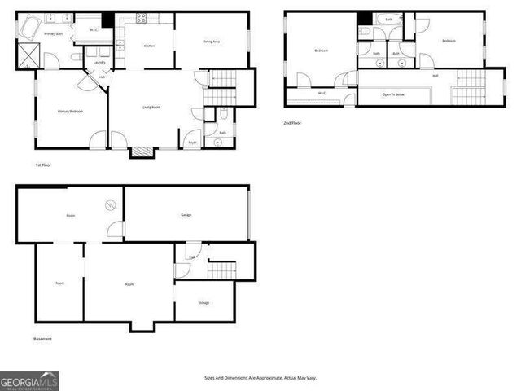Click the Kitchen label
[x=149, y=46]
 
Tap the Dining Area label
[x=212, y=42]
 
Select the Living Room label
[x=150, y=107]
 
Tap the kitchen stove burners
[x=141, y=18]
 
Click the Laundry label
[x=99, y=63]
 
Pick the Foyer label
[x=193, y=143]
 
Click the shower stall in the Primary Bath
[x=31, y=54]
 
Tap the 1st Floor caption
[x=44, y=165]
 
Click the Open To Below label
[x=394, y=94]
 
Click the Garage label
[x=186, y=215]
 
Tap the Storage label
[x=204, y=303]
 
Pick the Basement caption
[x=42, y=339]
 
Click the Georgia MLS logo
[x=29, y=380]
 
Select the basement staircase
[x=221, y=270]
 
